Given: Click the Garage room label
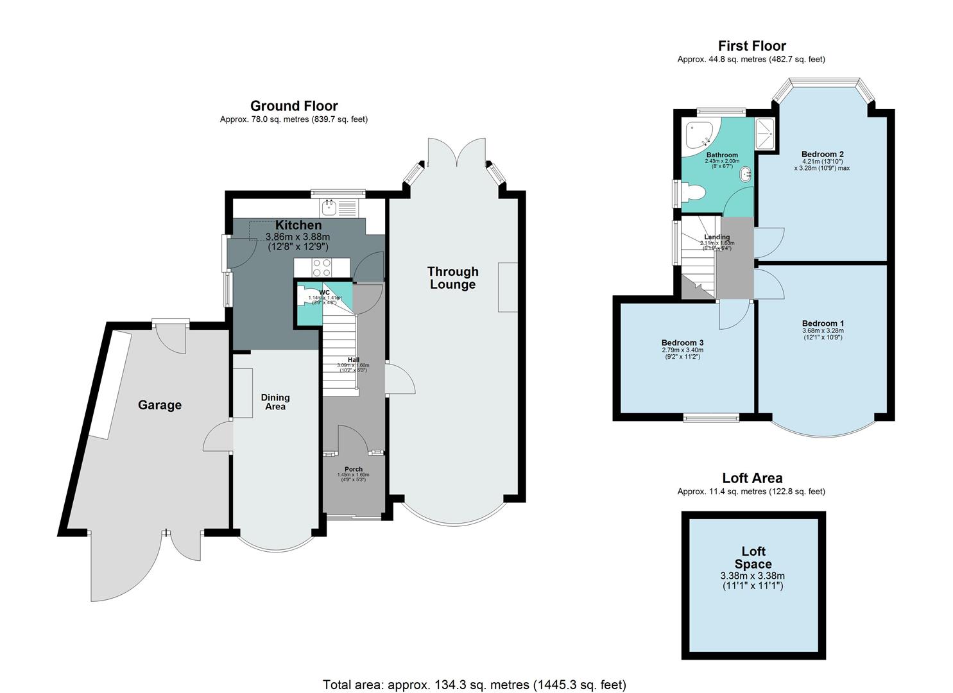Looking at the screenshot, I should [x=160, y=405].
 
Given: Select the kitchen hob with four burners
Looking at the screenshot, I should [x=322, y=267].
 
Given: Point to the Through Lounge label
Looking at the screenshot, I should [x=452, y=278].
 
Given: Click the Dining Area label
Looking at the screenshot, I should [x=275, y=402].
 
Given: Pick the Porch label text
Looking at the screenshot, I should [x=353, y=469].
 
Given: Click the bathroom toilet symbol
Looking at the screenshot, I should [x=693, y=192].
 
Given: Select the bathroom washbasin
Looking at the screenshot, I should [x=747, y=174].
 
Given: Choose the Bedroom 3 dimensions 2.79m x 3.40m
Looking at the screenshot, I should [x=682, y=350].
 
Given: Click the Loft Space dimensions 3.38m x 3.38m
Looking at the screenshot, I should [x=753, y=576].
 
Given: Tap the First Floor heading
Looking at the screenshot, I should [x=751, y=46].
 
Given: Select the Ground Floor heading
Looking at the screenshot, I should [x=294, y=106].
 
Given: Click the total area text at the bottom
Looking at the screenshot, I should [x=474, y=685].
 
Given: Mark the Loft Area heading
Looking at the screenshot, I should [x=751, y=478].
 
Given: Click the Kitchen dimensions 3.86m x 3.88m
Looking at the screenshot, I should [x=298, y=236].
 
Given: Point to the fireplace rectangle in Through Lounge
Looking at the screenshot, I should [x=508, y=287].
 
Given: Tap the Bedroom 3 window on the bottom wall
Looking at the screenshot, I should [x=710, y=418].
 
